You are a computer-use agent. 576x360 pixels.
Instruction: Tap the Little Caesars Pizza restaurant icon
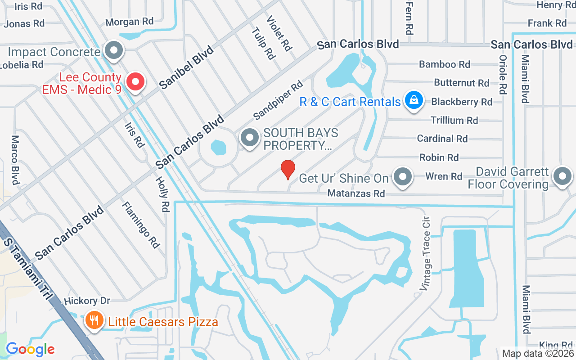tap(94, 321)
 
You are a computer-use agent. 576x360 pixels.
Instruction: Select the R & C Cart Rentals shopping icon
tap(413, 101)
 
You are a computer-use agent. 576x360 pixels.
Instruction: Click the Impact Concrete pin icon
tap(114, 51)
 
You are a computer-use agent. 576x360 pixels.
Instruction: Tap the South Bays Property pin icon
tap(249, 138)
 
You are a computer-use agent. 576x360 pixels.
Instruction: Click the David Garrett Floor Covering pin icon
tap(562, 176)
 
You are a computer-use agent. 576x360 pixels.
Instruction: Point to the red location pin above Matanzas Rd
tap(288, 169)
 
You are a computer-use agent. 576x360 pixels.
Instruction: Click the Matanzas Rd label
tap(356, 193)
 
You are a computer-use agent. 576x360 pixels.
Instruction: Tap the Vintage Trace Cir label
tap(425, 255)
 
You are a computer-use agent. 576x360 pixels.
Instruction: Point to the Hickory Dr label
tap(87, 301)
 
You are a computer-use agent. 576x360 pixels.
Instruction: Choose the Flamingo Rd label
tap(140, 225)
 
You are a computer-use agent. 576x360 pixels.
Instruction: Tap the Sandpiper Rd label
tap(278, 100)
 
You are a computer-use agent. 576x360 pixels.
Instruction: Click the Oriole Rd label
tap(503, 75)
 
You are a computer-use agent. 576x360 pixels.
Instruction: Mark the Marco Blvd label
tap(15, 160)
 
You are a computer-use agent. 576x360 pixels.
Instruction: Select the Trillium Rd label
tap(454, 120)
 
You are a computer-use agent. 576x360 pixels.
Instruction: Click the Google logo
tap(30, 349)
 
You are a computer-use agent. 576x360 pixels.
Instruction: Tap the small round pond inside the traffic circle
tap(218, 147)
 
